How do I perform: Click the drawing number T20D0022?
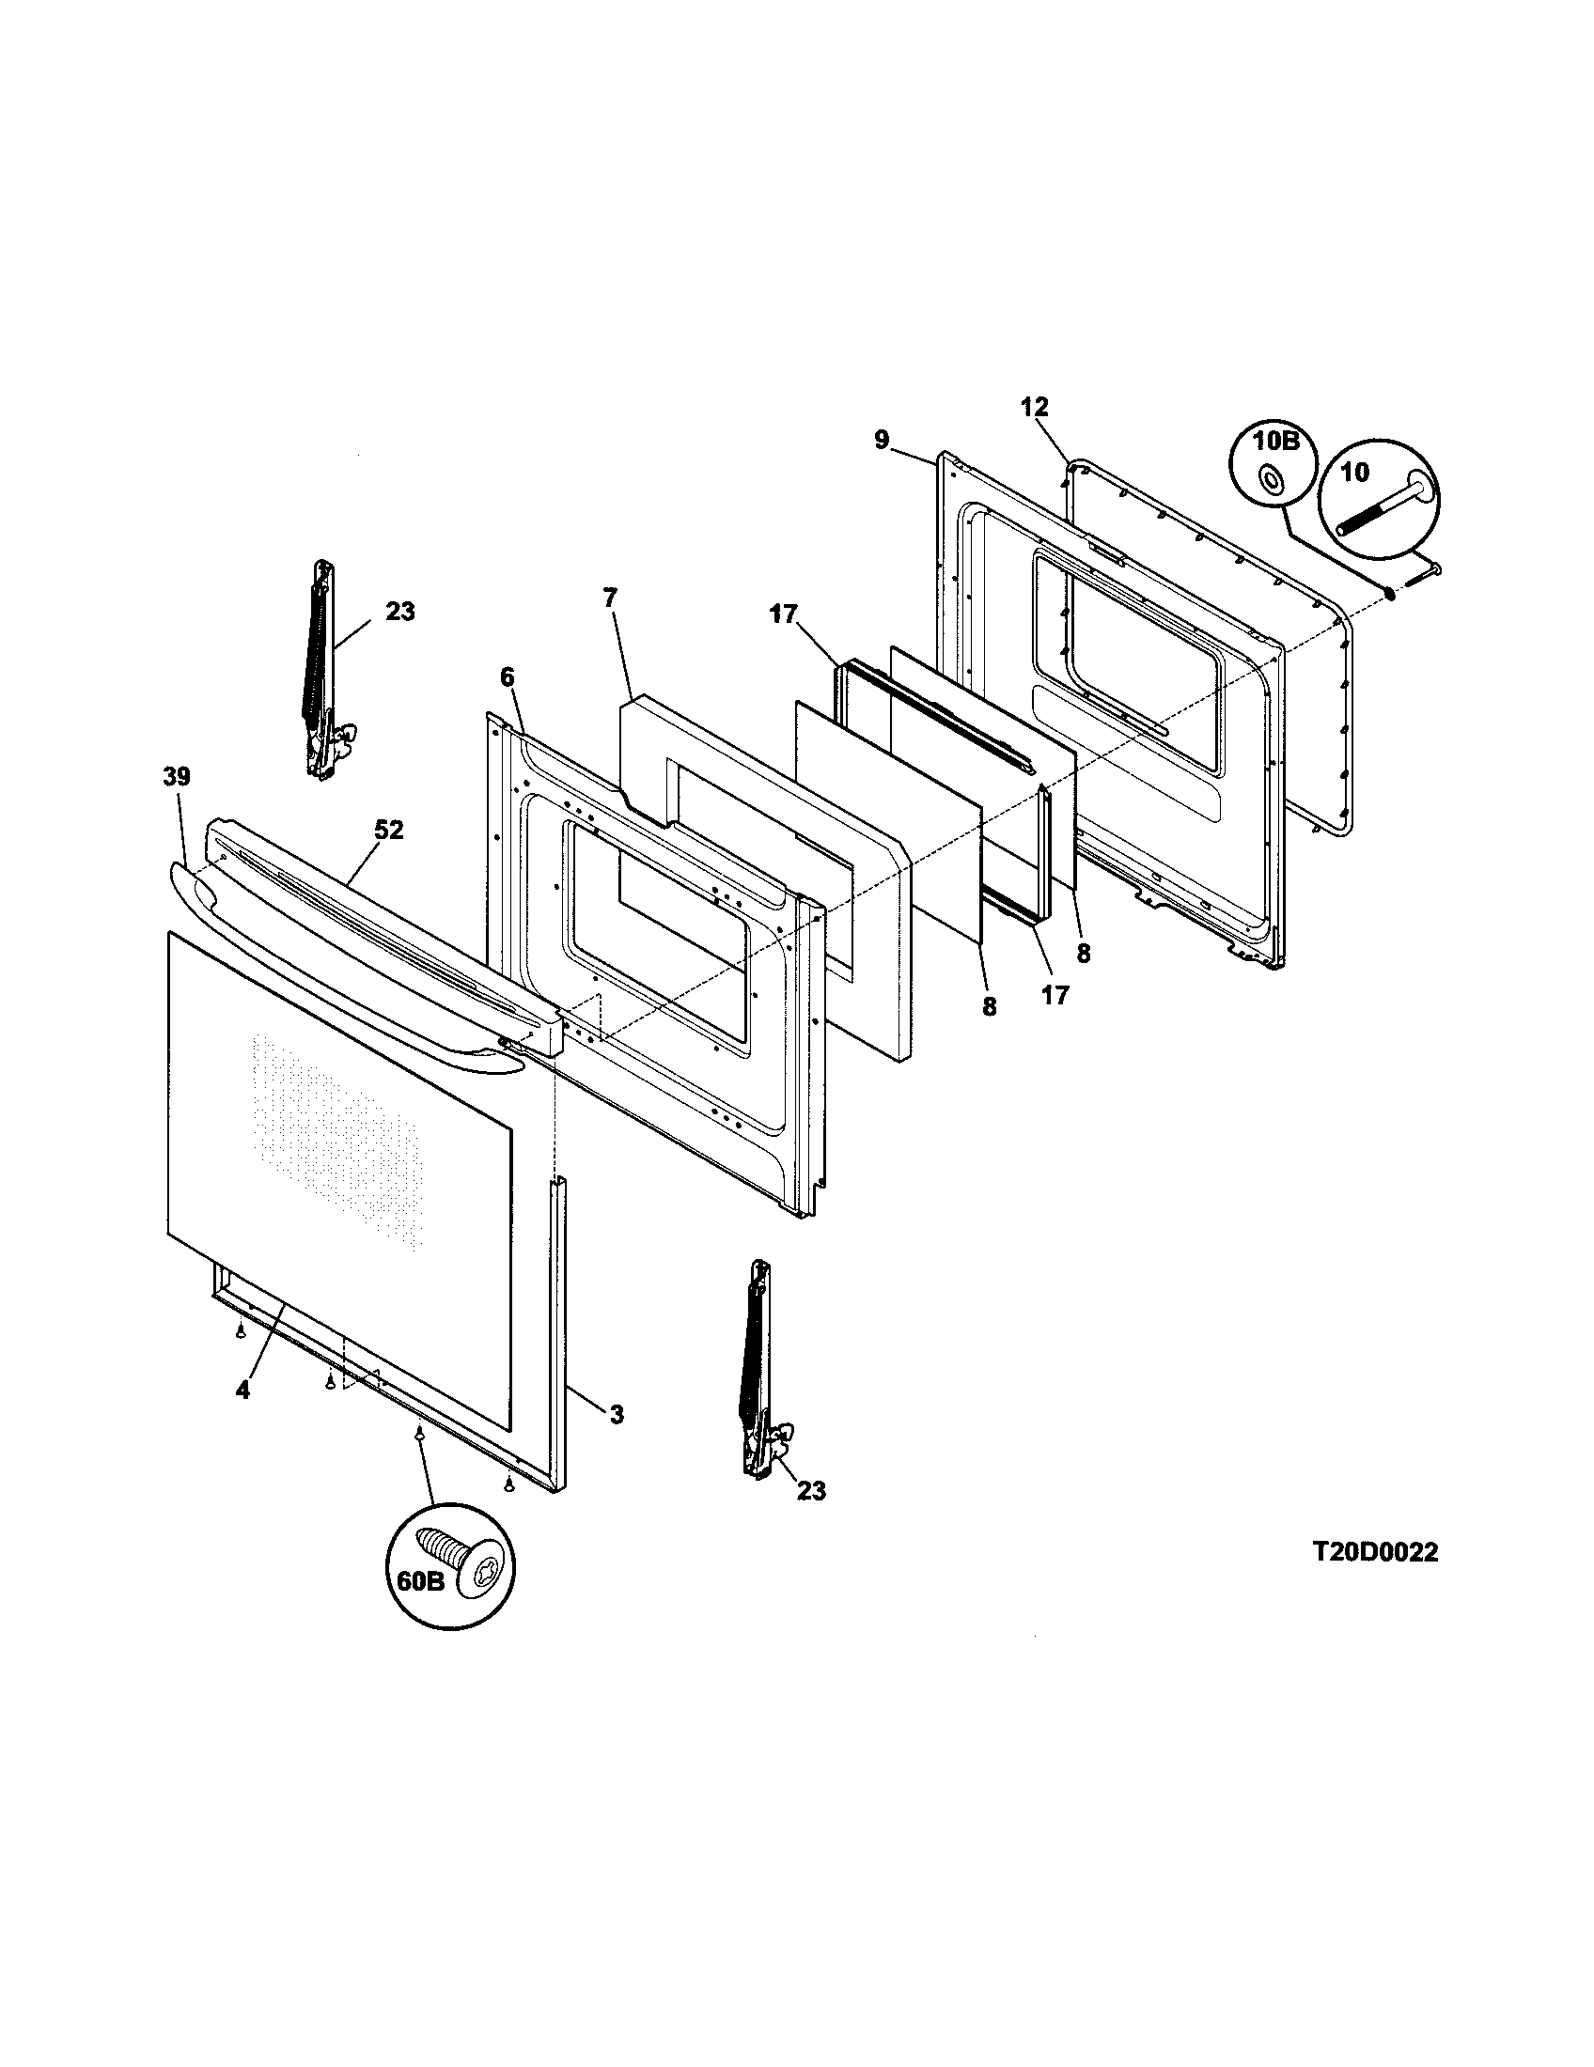1374,1552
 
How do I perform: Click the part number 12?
1035,407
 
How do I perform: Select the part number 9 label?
883,440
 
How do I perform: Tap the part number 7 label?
610,598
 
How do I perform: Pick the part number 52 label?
389,830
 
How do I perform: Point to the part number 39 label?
176,776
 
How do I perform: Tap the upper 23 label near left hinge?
400,612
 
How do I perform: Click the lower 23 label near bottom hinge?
811,1491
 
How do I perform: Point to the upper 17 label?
784,614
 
